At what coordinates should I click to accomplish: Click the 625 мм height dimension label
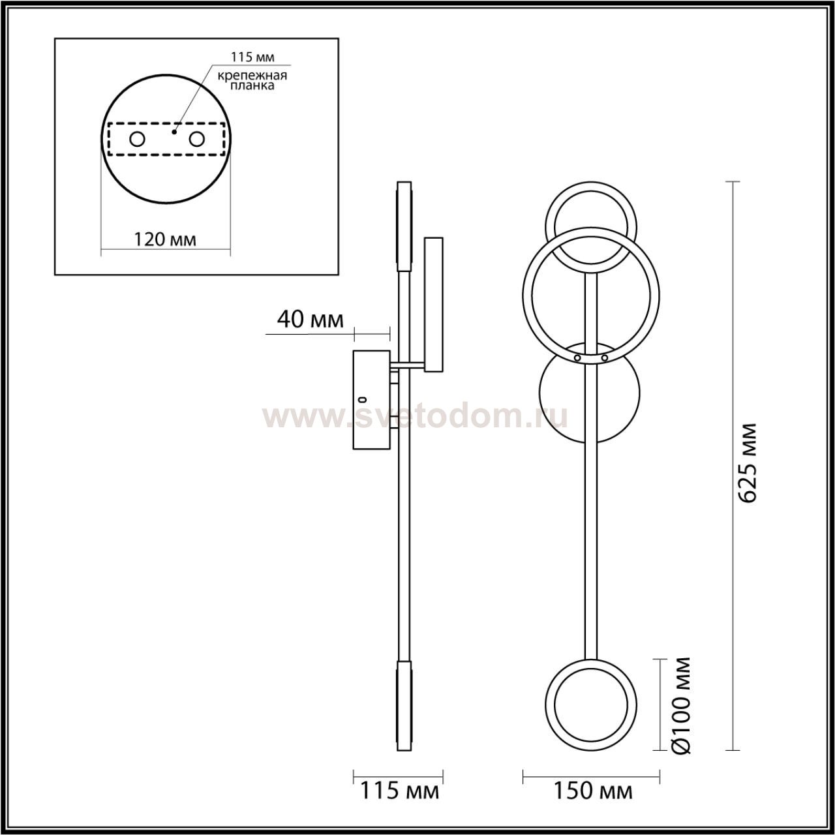coord(748,463)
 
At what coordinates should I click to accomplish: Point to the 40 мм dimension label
coord(311,320)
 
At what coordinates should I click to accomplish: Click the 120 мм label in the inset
coord(165,239)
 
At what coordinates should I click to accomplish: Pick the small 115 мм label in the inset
coord(252,57)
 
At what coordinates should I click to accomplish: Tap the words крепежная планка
coord(252,81)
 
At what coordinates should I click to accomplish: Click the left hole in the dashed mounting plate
coord(138,140)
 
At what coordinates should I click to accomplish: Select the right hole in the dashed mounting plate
coord(196,140)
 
